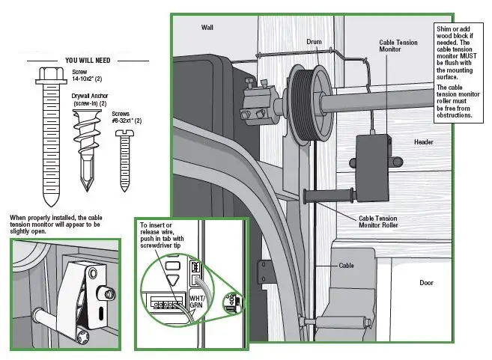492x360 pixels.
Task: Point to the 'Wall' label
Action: click(207, 27)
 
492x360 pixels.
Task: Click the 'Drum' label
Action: click(315, 41)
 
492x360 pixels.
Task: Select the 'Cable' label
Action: click(345, 265)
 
